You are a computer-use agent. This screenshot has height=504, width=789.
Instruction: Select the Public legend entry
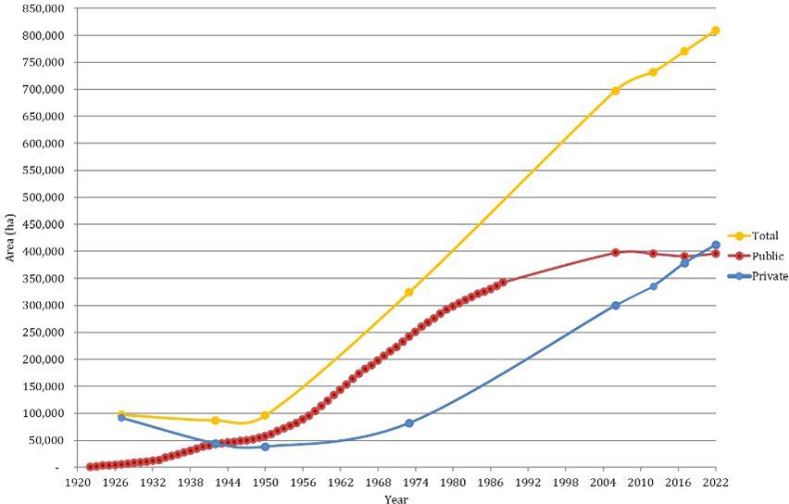coord(768,256)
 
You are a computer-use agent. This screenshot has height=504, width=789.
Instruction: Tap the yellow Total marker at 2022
coord(715,31)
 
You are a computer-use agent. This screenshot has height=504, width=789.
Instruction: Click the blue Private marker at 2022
coord(715,246)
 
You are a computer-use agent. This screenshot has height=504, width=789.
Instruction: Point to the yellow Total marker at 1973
coord(408,293)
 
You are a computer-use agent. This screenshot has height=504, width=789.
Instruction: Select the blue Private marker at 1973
coord(408,423)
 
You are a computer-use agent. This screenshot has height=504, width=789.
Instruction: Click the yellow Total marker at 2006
coord(615,91)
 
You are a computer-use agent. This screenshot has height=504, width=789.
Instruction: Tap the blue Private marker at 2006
coord(615,306)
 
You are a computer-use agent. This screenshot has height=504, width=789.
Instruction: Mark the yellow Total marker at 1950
coord(265,415)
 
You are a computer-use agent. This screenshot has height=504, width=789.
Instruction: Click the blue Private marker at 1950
coord(265,447)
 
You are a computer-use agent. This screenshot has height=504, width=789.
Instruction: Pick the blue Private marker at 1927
coord(121,418)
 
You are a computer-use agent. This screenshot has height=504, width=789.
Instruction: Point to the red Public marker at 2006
coord(615,252)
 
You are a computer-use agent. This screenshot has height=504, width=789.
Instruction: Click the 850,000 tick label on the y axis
coord(42,8)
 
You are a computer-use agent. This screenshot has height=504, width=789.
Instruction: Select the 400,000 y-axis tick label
coord(42,251)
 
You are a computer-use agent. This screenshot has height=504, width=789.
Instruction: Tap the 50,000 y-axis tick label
coord(45,440)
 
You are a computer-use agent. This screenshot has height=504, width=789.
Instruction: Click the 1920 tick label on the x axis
coord(77,482)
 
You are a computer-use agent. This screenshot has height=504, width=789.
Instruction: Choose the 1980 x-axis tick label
coord(453,482)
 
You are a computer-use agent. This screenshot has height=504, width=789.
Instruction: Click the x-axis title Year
coord(396,498)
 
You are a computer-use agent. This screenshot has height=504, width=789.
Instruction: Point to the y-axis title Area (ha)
coord(10,238)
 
